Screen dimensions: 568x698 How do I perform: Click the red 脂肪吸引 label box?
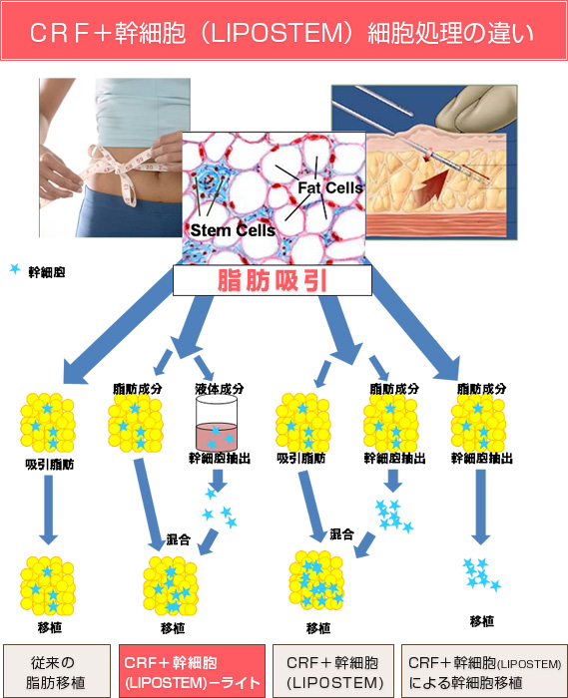tap(273, 280)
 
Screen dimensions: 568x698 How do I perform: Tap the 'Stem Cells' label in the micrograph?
tap(233, 230)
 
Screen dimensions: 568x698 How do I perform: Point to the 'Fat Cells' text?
tap(330, 187)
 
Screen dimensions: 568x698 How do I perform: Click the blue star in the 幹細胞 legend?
tap(15, 269)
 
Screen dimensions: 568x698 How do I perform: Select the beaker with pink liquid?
tap(217, 423)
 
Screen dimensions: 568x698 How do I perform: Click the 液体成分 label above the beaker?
tap(220, 389)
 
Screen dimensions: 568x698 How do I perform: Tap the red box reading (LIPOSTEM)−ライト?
tap(192, 671)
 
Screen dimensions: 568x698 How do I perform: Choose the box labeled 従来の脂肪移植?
tap(57, 671)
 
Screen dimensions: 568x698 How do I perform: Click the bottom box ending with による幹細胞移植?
tap(484, 671)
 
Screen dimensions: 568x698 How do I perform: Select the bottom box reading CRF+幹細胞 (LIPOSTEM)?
tap(333, 671)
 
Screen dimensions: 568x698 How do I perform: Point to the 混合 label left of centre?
tap(179, 539)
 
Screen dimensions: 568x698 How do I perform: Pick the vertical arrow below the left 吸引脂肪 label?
tap(49, 510)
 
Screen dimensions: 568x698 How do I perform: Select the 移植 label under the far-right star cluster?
tap(482, 621)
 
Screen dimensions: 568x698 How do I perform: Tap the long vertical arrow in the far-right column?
tap(481, 508)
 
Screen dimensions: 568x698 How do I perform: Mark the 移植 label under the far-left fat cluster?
tap(50, 627)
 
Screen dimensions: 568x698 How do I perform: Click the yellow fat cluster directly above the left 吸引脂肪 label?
tap(47, 423)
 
